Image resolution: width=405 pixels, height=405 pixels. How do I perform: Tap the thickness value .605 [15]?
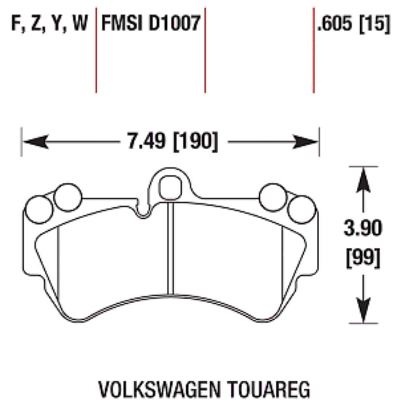coord(354,25)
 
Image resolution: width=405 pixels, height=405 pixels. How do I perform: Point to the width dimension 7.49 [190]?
coord(172,142)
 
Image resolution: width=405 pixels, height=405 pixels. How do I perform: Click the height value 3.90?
coord(363,229)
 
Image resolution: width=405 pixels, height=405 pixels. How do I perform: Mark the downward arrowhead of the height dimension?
coord(363,310)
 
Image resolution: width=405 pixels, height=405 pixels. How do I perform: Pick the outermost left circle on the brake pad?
coord(39,209)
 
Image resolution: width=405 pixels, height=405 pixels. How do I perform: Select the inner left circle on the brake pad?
coord(68,197)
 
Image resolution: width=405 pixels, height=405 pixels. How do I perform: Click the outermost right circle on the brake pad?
coord(301,209)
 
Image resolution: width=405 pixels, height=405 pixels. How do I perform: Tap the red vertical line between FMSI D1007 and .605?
coord(205,49)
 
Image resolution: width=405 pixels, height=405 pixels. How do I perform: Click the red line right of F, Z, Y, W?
coord(96,49)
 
